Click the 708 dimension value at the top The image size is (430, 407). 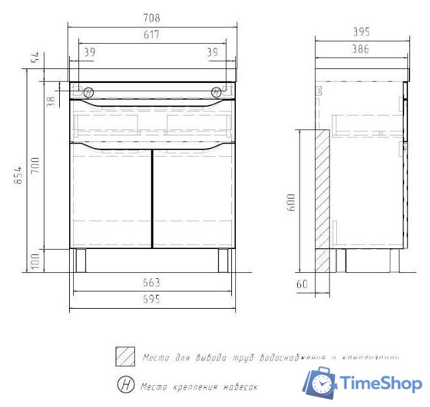153,17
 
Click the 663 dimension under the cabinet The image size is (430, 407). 152,282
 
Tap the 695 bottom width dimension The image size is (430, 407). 152,300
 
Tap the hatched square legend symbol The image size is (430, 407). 124,357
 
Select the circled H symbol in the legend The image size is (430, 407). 124,384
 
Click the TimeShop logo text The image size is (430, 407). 381,384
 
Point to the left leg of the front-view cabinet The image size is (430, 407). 80,260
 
